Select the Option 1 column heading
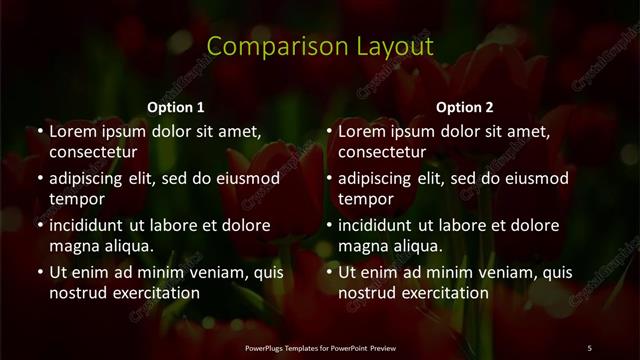176,107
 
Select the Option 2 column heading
465,107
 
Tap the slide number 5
589,346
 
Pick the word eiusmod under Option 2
535,178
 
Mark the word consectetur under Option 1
93,152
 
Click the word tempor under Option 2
364,199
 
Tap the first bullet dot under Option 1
40,131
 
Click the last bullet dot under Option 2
330,272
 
